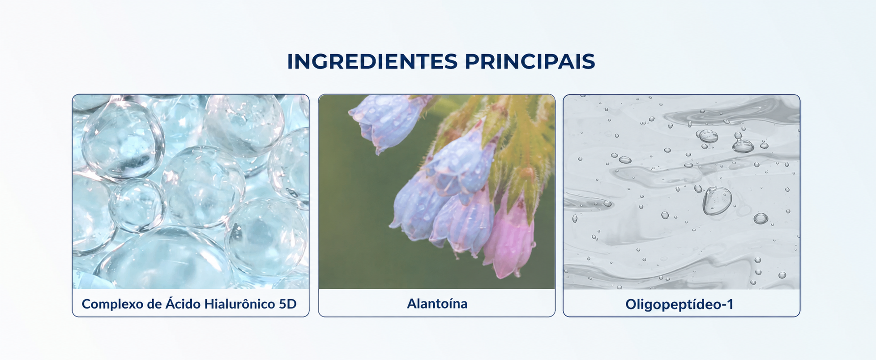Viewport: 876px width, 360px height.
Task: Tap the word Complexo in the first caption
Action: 112,304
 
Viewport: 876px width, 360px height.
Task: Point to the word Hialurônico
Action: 240,304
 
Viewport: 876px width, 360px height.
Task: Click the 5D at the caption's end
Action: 288,304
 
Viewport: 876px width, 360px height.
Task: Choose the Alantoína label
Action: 437,304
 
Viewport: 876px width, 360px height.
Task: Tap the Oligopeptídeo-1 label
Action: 679,304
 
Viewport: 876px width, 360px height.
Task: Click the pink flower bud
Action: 510,237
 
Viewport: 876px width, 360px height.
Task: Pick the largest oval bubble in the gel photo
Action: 717,201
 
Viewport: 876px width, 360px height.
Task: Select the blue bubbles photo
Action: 191,192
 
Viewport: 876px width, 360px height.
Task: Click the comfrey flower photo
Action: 437,192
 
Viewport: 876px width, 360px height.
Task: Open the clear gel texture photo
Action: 681,192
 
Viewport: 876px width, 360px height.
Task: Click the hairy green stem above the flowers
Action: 521,134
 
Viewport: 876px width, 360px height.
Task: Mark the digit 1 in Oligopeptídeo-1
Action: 730,304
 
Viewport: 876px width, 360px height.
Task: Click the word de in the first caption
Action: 154,304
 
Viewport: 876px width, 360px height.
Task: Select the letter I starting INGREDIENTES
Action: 290,62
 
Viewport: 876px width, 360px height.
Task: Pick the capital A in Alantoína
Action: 411,304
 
